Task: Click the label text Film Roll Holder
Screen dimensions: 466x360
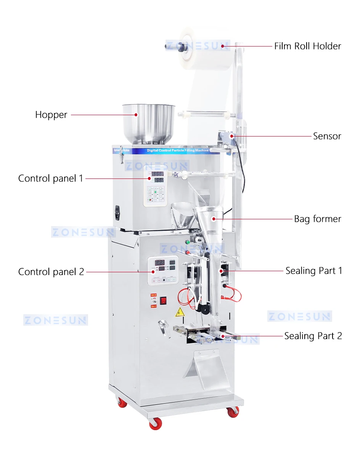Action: coord(307,46)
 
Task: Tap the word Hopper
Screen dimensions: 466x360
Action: coord(51,114)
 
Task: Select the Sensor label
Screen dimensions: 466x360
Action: coord(327,136)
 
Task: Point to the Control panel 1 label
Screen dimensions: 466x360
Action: coord(50,178)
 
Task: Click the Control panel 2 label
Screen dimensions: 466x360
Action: coord(51,272)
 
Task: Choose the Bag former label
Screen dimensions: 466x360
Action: coord(317,219)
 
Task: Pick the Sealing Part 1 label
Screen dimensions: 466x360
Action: coord(313,271)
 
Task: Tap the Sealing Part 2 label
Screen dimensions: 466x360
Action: coord(313,336)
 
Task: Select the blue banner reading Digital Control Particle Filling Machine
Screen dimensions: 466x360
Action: coord(178,150)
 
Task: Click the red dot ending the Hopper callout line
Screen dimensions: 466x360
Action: coord(136,114)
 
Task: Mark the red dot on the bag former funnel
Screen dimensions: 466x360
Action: coord(213,219)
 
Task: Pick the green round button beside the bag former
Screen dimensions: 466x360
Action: coord(188,242)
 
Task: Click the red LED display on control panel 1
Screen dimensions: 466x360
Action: coord(158,174)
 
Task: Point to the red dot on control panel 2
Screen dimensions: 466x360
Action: coord(153,272)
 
